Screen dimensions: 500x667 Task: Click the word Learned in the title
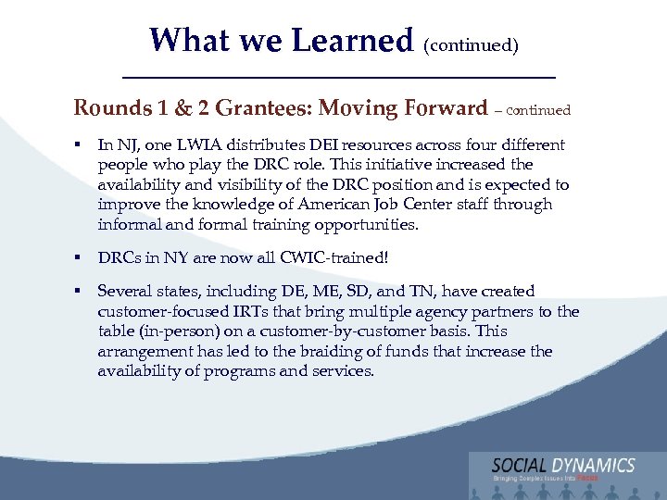351,40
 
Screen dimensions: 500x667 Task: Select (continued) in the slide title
471,44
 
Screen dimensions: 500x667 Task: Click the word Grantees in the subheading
263,108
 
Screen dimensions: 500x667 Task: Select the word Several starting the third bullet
126,291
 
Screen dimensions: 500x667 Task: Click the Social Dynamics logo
563,469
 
